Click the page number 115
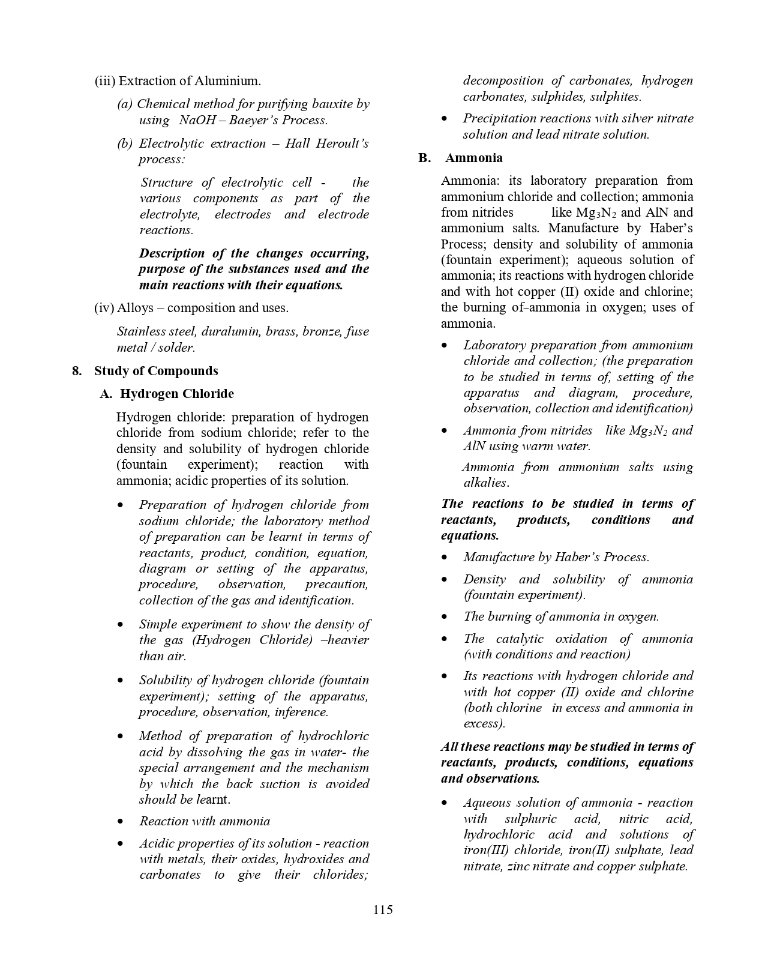383,909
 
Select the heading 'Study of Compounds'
156,371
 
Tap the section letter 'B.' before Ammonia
425,158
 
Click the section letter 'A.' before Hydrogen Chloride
106,394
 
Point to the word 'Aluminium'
231,81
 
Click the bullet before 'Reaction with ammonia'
122,822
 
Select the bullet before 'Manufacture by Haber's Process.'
445,558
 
